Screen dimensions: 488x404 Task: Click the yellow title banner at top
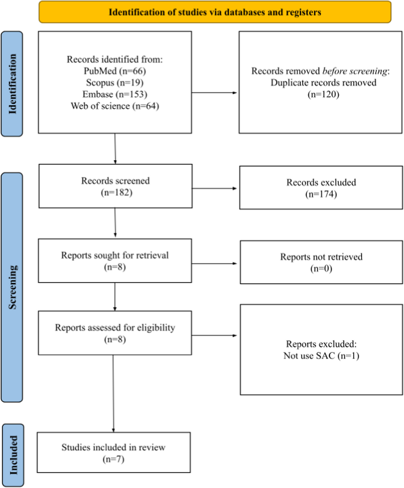pos(215,12)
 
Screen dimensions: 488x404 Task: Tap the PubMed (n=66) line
pos(115,71)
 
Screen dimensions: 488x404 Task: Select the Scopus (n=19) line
pos(115,83)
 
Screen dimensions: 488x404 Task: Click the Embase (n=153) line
pos(115,94)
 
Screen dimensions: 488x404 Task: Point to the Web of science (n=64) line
pos(115,106)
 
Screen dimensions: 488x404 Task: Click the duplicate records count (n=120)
pos(323,94)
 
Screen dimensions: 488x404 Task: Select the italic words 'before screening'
pos(355,71)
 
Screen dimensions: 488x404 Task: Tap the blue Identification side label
pos(12,84)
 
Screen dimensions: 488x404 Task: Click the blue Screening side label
pos(12,287)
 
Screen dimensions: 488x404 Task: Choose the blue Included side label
pos(13,455)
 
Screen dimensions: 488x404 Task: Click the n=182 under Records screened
pos(117,193)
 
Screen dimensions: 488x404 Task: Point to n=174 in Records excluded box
pos(321,194)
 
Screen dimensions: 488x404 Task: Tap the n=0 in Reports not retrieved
pos(321,269)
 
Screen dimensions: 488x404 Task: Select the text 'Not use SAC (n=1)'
pos(321,356)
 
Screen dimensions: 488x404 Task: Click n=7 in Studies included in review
pos(113,459)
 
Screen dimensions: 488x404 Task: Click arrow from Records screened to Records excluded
pos(214,188)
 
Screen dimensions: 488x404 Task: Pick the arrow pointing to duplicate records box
pos(214,93)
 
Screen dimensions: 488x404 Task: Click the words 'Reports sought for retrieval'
pos(115,255)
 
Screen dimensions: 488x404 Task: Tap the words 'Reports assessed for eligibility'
pos(115,327)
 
